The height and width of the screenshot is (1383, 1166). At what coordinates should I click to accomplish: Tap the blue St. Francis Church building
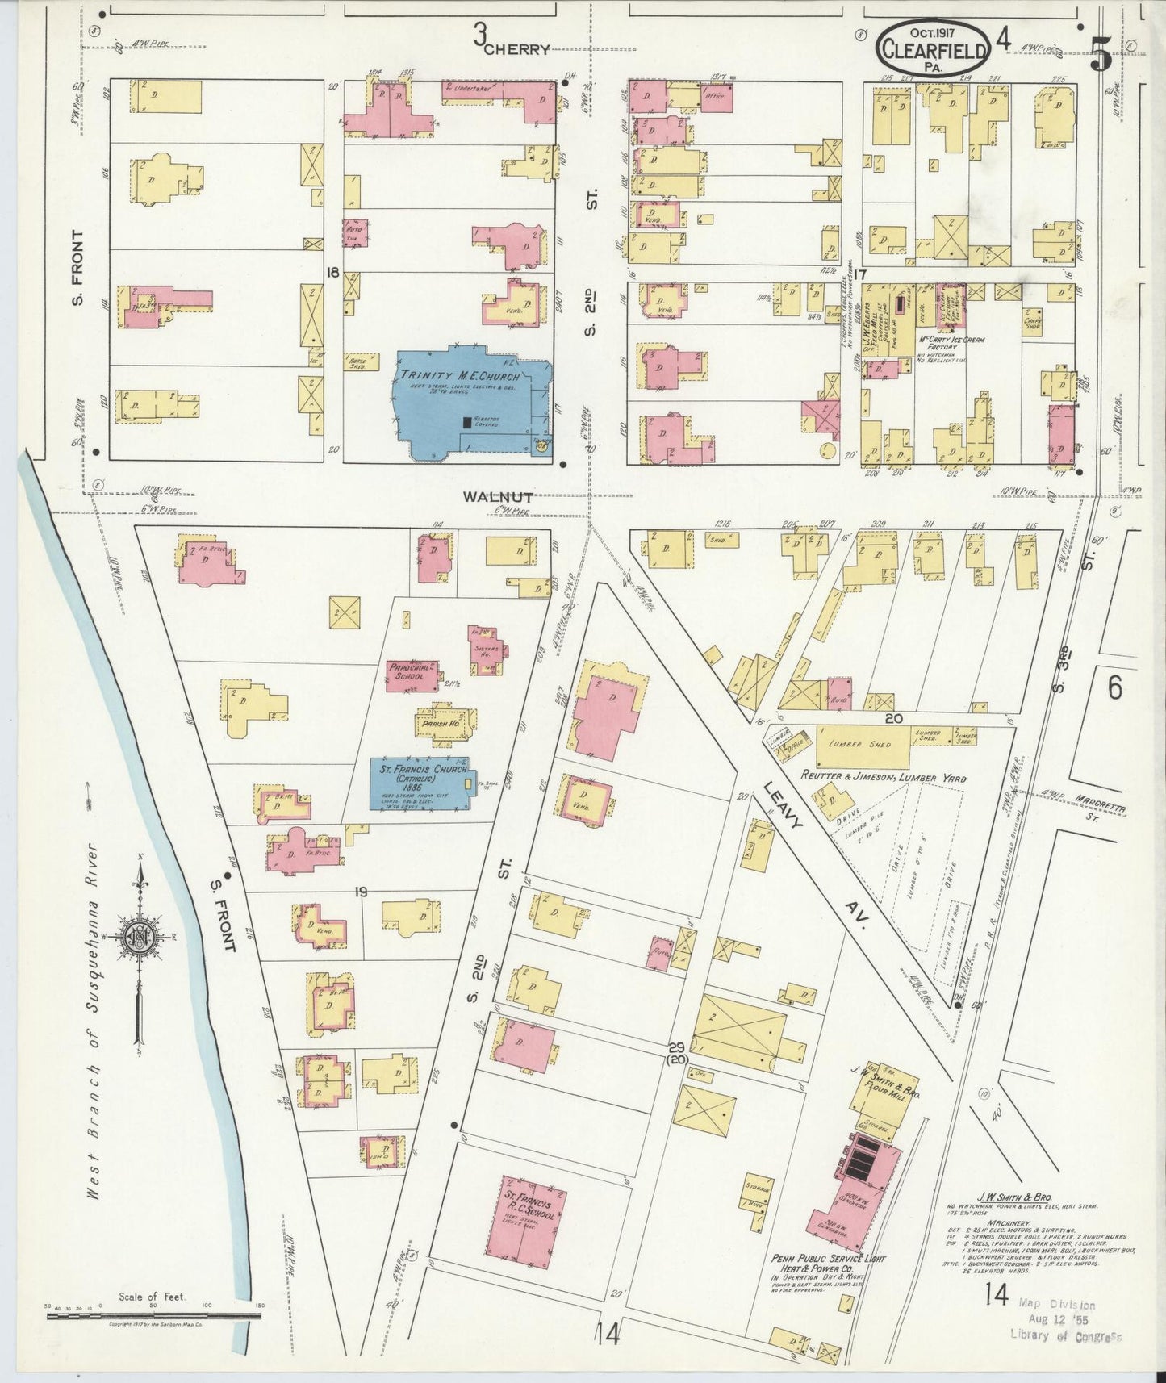[418, 782]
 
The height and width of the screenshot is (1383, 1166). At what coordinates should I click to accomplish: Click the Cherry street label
[516, 49]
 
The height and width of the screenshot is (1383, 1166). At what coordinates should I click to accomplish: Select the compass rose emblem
[140, 936]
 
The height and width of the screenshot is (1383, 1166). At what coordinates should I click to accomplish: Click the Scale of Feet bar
[153, 1315]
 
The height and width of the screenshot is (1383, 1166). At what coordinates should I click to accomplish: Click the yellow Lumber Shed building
[863, 745]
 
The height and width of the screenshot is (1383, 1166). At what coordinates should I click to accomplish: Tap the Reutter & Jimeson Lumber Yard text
[883, 779]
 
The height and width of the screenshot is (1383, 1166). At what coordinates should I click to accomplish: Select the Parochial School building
[412, 672]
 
